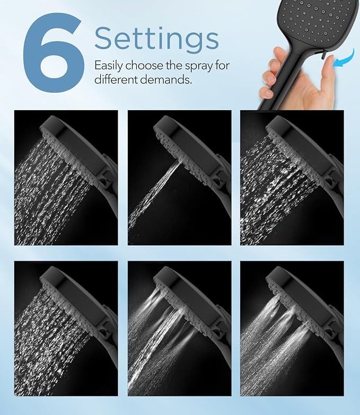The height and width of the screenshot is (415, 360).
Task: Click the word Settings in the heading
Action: (x=156, y=39)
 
